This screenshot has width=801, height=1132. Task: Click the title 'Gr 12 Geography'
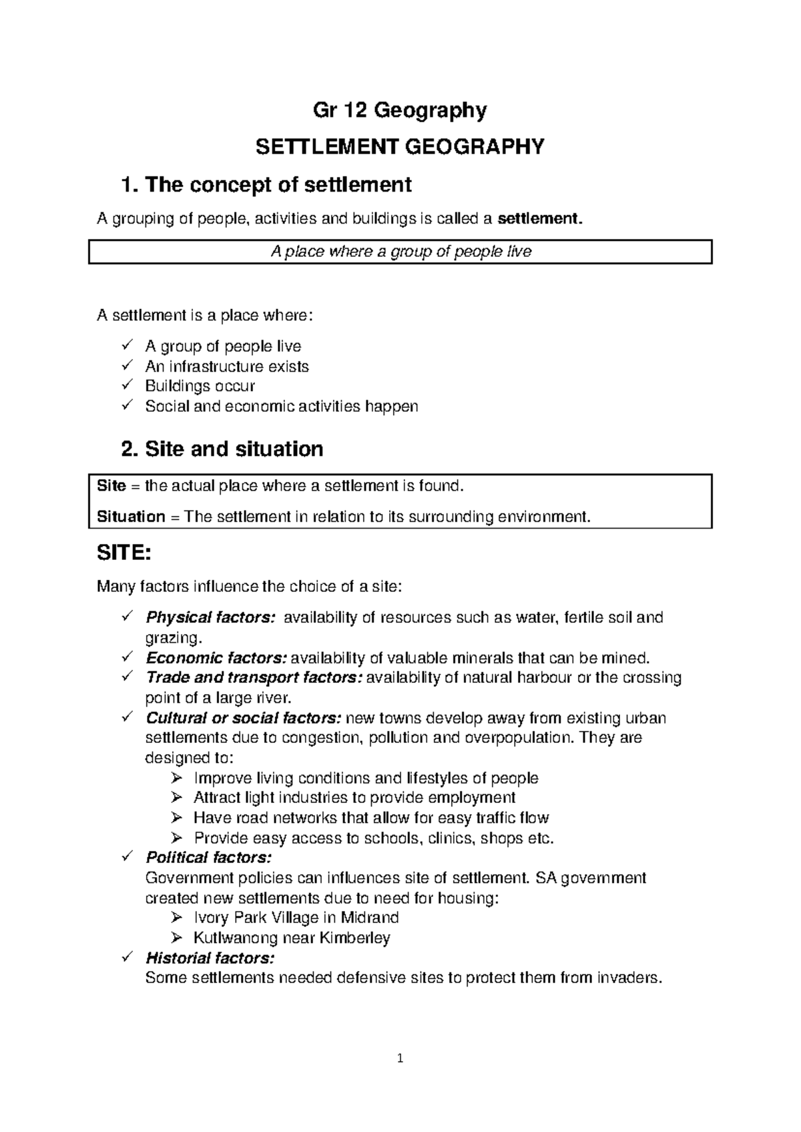tap(400, 109)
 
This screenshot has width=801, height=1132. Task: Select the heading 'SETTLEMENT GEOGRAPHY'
tap(400, 146)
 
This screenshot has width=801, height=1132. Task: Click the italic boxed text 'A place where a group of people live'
tap(400, 252)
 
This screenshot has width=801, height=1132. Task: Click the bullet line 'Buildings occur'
tap(200, 386)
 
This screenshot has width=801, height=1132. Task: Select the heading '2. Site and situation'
tap(222, 449)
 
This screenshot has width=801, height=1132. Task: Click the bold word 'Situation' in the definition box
tap(131, 517)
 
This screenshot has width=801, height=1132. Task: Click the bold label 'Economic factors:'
tap(216, 658)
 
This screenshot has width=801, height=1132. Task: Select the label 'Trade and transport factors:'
tap(254, 678)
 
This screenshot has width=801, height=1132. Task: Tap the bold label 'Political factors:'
tap(209, 857)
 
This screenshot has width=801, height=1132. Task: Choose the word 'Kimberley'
tap(355, 938)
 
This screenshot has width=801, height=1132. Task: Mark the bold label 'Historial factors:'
tap(210, 958)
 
